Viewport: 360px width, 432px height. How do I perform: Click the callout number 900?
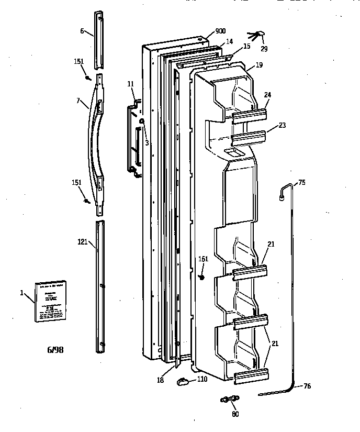(220, 31)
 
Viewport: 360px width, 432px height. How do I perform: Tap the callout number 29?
(264, 49)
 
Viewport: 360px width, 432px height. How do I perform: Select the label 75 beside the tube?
(301, 182)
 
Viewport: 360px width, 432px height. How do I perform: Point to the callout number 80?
(235, 414)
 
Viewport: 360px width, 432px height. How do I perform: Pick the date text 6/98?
(55, 349)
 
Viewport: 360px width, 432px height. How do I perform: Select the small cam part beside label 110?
(183, 382)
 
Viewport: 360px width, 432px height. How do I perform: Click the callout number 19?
(259, 65)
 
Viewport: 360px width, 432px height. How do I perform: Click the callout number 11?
(130, 84)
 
